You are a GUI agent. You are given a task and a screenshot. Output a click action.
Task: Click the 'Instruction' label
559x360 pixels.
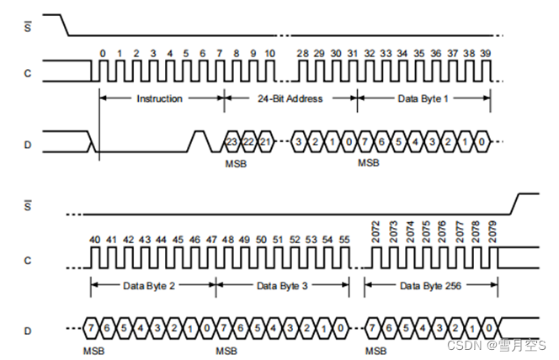pos(159,99)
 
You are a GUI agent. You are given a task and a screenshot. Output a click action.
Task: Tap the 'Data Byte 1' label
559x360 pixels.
pos(423,99)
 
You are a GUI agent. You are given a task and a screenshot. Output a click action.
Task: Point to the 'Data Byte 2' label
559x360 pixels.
pos(150,286)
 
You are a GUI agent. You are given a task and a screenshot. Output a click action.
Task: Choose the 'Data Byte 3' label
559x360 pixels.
pos(282,286)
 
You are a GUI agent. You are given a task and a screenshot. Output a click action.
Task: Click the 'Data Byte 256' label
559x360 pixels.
pos(431,286)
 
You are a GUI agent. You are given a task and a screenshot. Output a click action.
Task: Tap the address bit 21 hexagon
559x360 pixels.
pos(266,141)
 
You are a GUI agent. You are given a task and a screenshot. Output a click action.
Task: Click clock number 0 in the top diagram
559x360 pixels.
pos(103,53)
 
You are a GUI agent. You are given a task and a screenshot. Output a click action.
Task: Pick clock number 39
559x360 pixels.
pos(485,53)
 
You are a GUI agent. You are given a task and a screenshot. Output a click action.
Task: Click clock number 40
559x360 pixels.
pos(94,240)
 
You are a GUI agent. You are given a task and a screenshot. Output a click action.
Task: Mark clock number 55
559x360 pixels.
pos(344,240)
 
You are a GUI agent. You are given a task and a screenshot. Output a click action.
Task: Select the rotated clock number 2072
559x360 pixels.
pos(374,231)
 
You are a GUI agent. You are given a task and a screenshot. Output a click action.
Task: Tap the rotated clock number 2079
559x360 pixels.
pos(492,231)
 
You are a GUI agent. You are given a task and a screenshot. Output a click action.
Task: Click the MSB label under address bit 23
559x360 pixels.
pos(235,162)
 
